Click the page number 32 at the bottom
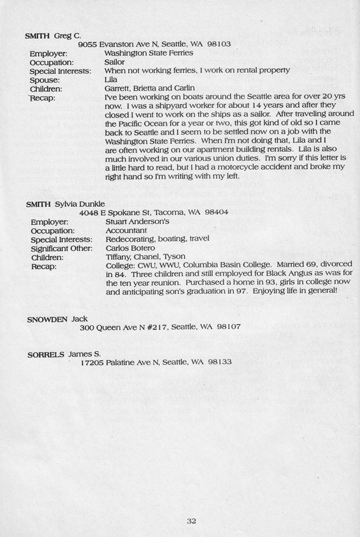[191, 521]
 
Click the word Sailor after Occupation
[115, 62]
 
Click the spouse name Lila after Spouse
[111, 80]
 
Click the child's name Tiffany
[118, 257]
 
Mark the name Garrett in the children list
[118, 88]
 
